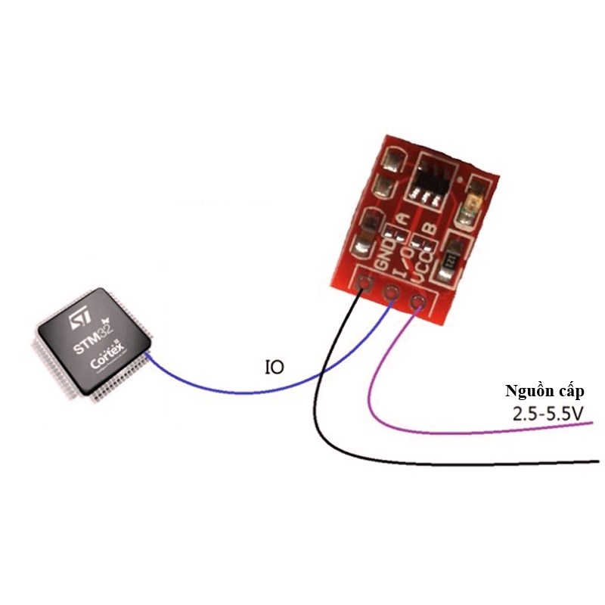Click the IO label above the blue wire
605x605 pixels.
[x=275, y=368]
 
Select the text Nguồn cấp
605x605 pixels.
[x=544, y=391]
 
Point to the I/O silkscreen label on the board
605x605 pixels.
[x=404, y=259]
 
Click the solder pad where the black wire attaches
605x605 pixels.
[x=367, y=285]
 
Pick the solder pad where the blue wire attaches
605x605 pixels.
[x=391, y=293]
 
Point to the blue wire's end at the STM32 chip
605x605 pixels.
[x=148, y=355]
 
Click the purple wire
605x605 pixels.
[x=454, y=434]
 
